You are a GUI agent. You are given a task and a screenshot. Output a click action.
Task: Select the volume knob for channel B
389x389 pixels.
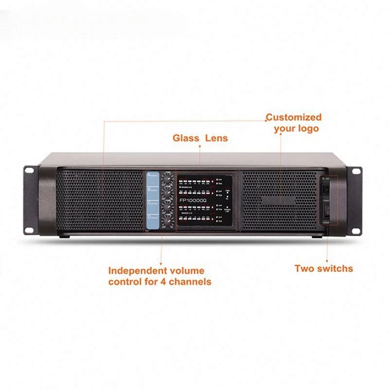click(167, 192)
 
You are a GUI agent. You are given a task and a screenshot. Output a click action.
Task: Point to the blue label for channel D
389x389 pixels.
click(151, 219)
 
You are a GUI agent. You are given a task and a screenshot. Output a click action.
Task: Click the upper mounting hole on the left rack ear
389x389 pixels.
click(29, 171)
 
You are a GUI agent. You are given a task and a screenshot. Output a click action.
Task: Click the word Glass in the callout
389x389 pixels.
click(186, 138)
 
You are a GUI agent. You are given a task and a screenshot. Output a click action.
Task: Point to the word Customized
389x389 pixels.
click(294, 117)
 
